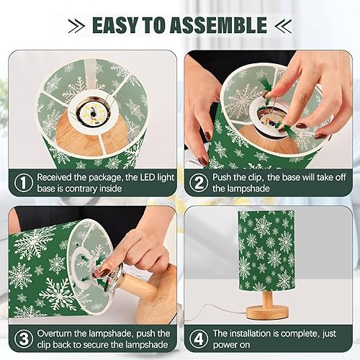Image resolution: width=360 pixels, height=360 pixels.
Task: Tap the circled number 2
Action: pos(198,183)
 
